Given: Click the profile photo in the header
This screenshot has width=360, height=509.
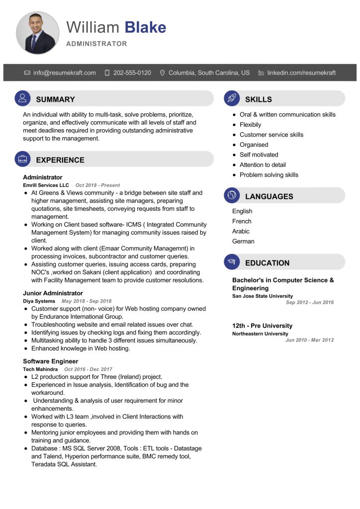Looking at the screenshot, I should pos(37,33).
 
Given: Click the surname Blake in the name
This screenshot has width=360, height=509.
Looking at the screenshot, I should pos(145,27).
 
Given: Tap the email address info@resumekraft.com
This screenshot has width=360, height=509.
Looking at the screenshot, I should pos(65,73).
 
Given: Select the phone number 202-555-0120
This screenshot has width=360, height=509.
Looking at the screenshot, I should pos(132,73).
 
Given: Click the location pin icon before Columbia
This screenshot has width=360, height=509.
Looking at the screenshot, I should pos(162,73).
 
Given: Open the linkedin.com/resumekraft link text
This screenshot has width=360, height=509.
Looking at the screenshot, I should pos(301,73).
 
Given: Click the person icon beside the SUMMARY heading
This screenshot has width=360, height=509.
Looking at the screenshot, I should pos(22,98).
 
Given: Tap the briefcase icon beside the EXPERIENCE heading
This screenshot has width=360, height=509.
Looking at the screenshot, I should pos(22,159).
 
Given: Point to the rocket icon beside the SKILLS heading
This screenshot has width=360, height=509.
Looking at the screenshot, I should pos(232,98).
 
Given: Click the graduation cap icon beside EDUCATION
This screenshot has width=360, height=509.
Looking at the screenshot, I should pos(232,262).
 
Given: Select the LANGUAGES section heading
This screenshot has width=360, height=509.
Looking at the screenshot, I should pos(269,196).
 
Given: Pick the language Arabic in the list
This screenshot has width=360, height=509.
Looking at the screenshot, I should pos(241,231).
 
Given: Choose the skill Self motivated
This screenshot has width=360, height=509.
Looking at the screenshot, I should pos(259,155).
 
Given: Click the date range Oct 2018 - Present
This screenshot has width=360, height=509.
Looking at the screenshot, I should pos(97,185).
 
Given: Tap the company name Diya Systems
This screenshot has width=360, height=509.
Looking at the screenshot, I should pos(39,301).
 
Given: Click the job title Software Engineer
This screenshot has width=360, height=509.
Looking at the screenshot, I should pos(50,361).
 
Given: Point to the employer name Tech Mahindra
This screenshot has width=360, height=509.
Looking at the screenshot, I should pos(40,369).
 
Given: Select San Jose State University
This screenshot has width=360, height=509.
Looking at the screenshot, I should pos(263,296).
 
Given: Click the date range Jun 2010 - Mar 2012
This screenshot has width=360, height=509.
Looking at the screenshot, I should pos(309,340).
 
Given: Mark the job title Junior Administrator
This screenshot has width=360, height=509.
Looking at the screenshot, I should pos(53,293).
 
